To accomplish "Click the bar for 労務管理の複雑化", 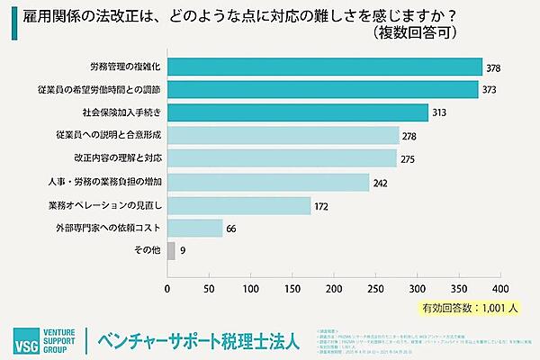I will click(x=325, y=67).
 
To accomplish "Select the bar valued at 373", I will click(x=323, y=90).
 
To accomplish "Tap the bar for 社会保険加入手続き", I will click(x=298, y=112).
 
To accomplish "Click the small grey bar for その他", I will click(x=171, y=249).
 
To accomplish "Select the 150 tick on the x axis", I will click(x=292, y=289).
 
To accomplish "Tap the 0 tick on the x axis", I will click(x=168, y=289).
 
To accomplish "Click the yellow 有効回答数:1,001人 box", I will click(x=469, y=306).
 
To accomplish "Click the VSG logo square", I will click(x=21, y=342).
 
